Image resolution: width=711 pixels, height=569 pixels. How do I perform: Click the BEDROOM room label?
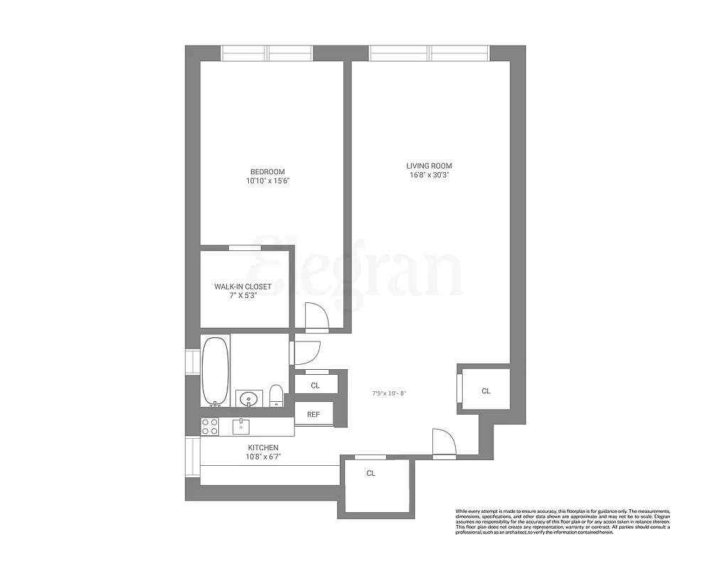pos(267,171)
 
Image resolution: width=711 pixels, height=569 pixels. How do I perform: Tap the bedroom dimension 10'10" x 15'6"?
pos(267,181)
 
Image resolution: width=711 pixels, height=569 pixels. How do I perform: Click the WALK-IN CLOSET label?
pos(243,287)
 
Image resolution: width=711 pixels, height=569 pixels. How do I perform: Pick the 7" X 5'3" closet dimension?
pos(243,296)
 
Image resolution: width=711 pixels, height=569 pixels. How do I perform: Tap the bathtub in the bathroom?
pos(215,371)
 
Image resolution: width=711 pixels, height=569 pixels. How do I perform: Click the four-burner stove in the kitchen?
pos(210,426)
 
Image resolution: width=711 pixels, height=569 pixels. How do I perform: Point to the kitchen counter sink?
pos(241,426)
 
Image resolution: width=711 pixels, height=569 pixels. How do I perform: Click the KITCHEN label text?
pos(243,447)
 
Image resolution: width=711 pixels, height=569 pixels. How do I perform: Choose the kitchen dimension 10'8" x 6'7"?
pos(243,457)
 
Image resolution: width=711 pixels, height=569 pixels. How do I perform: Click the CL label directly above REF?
pos(315,385)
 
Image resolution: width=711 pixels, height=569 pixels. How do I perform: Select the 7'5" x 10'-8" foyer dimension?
pos(390,393)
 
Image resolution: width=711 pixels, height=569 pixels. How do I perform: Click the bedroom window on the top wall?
pos(267,53)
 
